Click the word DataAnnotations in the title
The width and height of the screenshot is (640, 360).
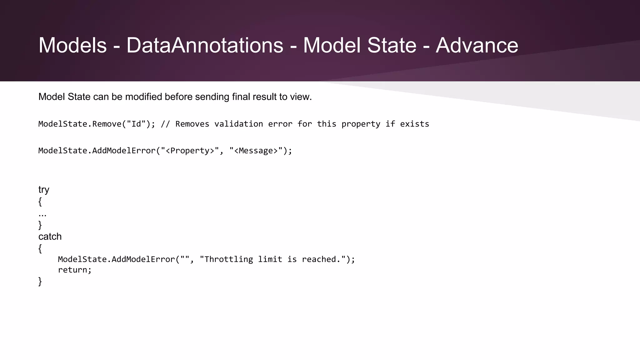point(205,46)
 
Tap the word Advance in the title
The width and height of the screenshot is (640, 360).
point(477,46)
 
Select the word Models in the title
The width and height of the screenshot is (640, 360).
point(72,46)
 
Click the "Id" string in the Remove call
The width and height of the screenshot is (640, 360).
point(136,124)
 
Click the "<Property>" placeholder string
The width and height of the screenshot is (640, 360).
point(190,151)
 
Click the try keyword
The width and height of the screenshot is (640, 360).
point(44,190)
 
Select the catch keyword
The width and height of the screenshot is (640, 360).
point(50,237)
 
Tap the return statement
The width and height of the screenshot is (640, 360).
point(75,270)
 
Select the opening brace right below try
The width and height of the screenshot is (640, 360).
point(40,202)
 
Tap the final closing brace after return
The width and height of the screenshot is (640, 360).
point(40,282)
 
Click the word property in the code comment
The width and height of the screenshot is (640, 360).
point(361,124)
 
